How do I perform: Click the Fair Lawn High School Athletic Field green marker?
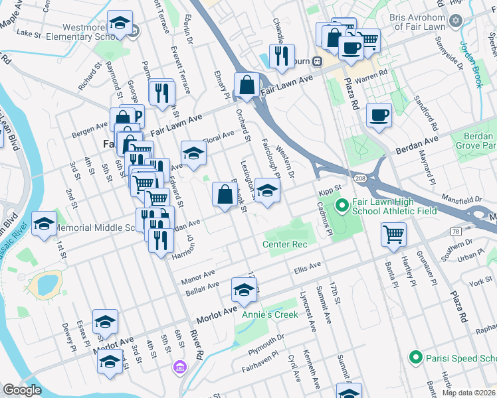pyautogui.click(x=342, y=206)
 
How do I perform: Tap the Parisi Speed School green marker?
pyautogui.click(x=416, y=358)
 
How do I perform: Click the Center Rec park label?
pyautogui.click(x=285, y=244)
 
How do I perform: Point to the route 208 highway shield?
pyautogui.click(x=359, y=179)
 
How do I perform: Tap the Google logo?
pyautogui.click(x=22, y=390)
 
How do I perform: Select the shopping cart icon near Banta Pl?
pyautogui.click(x=393, y=233)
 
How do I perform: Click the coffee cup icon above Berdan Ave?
pyautogui.click(x=379, y=115)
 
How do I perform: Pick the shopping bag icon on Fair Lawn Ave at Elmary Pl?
pyautogui.click(x=247, y=85)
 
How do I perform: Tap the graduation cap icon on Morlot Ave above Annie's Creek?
pyautogui.click(x=244, y=289)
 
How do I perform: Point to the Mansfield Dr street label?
pyautogui.click(x=464, y=198)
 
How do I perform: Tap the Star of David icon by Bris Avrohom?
pyautogui.click(x=455, y=21)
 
